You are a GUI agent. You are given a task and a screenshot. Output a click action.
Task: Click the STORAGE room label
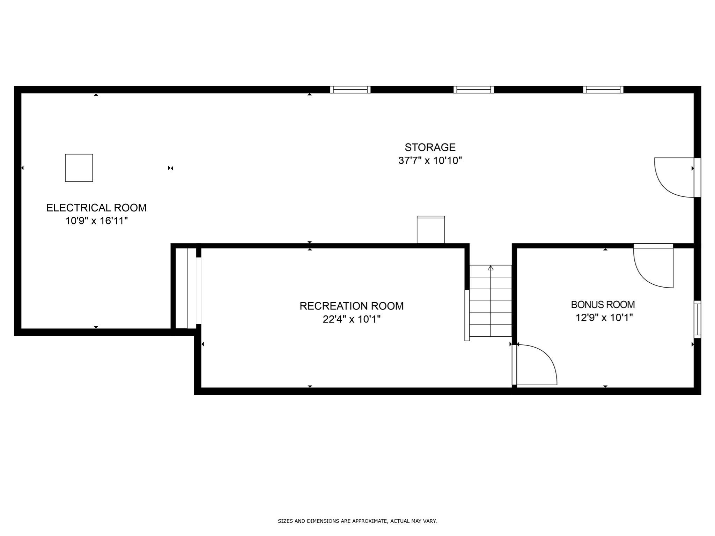pos(430,147)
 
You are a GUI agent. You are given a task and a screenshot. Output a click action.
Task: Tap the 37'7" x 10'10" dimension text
pos(430,161)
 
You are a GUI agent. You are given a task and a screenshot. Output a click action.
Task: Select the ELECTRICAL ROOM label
pos(96,208)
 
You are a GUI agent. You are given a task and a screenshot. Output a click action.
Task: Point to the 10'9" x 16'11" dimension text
pos(96,221)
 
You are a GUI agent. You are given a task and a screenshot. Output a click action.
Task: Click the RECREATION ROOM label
pos(351,306)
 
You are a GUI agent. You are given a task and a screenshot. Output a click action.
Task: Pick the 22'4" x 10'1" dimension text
pos(351,319)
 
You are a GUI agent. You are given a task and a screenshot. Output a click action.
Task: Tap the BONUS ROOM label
pos(603,305)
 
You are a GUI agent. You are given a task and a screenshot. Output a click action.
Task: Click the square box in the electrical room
pos(79,168)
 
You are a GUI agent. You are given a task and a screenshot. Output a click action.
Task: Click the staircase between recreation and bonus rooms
pos(491,301)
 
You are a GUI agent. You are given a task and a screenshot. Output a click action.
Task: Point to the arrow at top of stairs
pos(491,268)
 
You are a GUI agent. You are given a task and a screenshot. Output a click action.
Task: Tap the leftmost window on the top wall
pos(350,90)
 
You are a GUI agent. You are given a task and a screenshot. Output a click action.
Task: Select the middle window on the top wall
pos(473,90)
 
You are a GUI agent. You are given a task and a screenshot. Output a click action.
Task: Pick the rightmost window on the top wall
pos(603,90)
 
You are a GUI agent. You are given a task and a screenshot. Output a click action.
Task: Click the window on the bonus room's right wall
pos(697,319)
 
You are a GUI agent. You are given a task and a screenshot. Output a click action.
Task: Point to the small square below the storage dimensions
pos(430,230)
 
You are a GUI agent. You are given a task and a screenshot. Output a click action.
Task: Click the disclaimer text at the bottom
pos(357,521)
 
